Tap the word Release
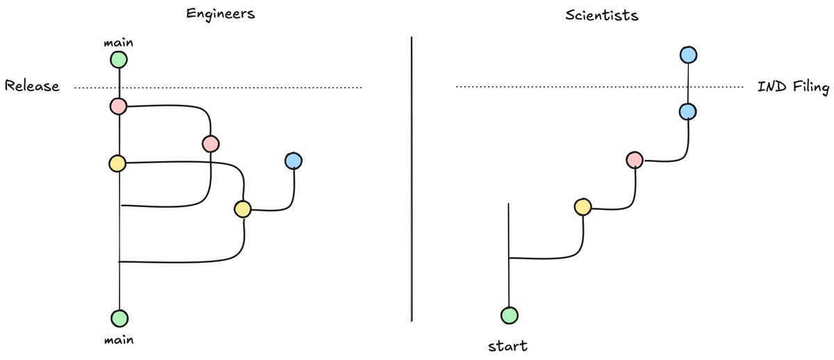[31, 87]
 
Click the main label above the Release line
[120, 43]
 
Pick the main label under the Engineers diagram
[120, 340]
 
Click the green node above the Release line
[120, 60]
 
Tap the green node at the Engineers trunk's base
[120, 318]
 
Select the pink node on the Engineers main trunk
[117, 106]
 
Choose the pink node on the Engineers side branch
[211, 144]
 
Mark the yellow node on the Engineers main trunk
[117, 163]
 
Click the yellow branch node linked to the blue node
[243, 208]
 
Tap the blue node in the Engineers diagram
[293, 161]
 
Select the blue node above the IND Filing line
[688, 54]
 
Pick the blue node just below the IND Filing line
[688, 111]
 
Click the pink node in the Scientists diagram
[635, 161]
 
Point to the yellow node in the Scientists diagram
[583, 206]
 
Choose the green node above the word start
[509, 316]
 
